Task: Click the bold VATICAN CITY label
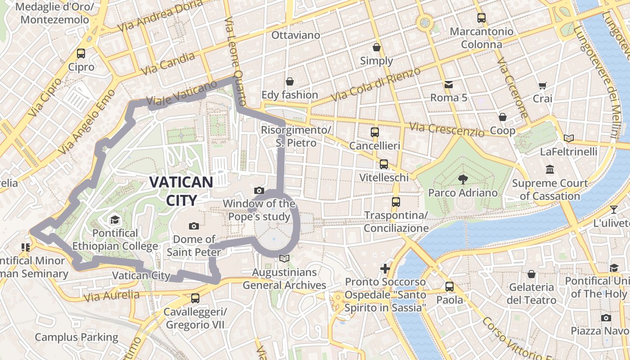pos(181,191)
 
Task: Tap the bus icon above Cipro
pos(81,54)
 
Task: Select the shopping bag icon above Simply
pos(377,47)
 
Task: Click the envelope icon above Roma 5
pos(449,84)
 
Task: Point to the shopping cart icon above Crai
pos(543,85)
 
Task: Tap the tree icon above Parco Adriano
pos(463,180)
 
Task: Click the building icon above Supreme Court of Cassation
pos(549,170)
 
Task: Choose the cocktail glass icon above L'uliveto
pos(614,209)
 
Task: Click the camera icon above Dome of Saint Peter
pos(194,226)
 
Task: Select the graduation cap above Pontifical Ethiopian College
pos(115,220)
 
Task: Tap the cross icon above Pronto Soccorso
pos(385,269)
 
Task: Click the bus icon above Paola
pos(449,287)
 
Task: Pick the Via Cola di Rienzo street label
pos(375,84)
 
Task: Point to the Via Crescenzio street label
pos(446,129)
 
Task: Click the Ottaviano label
pos(296,35)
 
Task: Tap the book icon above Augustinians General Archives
pos(284,258)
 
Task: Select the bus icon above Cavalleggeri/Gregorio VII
pos(195,298)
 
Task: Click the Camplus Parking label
pos(76,337)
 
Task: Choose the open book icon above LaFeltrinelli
pos(569,138)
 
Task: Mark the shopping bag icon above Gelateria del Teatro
pos(531,274)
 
